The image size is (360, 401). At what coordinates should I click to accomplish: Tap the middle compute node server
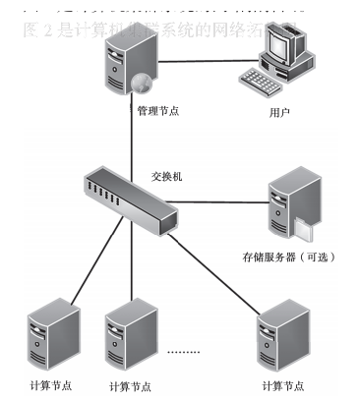[x=131, y=334]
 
